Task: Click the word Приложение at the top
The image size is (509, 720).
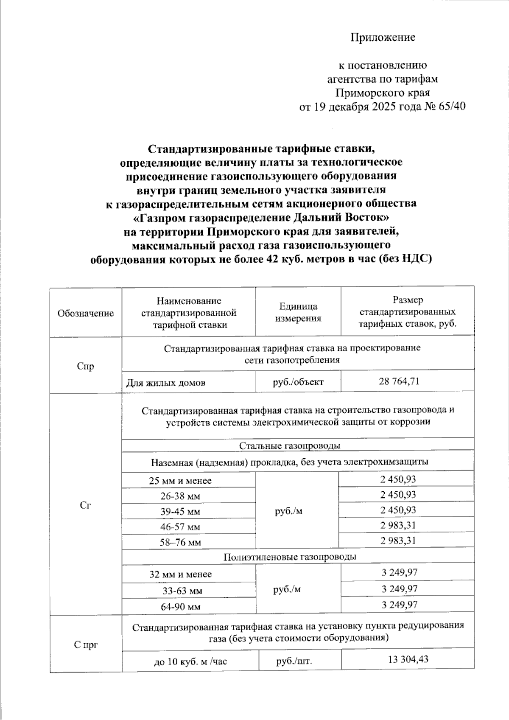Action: tap(383, 37)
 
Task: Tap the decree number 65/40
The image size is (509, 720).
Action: tap(452, 106)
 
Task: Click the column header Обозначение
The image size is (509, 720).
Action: tap(86, 313)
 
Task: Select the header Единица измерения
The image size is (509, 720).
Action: tap(298, 312)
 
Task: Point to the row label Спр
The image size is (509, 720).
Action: tap(86, 366)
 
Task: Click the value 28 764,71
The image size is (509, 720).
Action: tap(399, 381)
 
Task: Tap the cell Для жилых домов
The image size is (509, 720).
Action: tap(166, 383)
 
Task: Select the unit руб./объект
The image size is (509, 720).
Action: tap(298, 382)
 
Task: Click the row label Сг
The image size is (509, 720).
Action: tap(86, 505)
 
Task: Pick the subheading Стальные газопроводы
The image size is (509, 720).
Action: tap(290, 445)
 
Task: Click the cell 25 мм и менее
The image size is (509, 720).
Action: tap(180, 481)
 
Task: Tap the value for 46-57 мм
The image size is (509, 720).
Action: tap(398, 525)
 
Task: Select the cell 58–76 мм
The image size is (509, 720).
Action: tap(180, 542)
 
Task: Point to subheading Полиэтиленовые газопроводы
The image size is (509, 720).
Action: tap(290, 557)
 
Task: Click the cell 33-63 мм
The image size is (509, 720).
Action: tap(182, 591)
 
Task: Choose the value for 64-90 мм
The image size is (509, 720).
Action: tap(400, 605)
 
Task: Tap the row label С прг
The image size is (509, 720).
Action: tap(86, 645)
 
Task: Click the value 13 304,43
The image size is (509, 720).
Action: tap(408, 659)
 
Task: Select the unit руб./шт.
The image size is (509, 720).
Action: tap(294, 661)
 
